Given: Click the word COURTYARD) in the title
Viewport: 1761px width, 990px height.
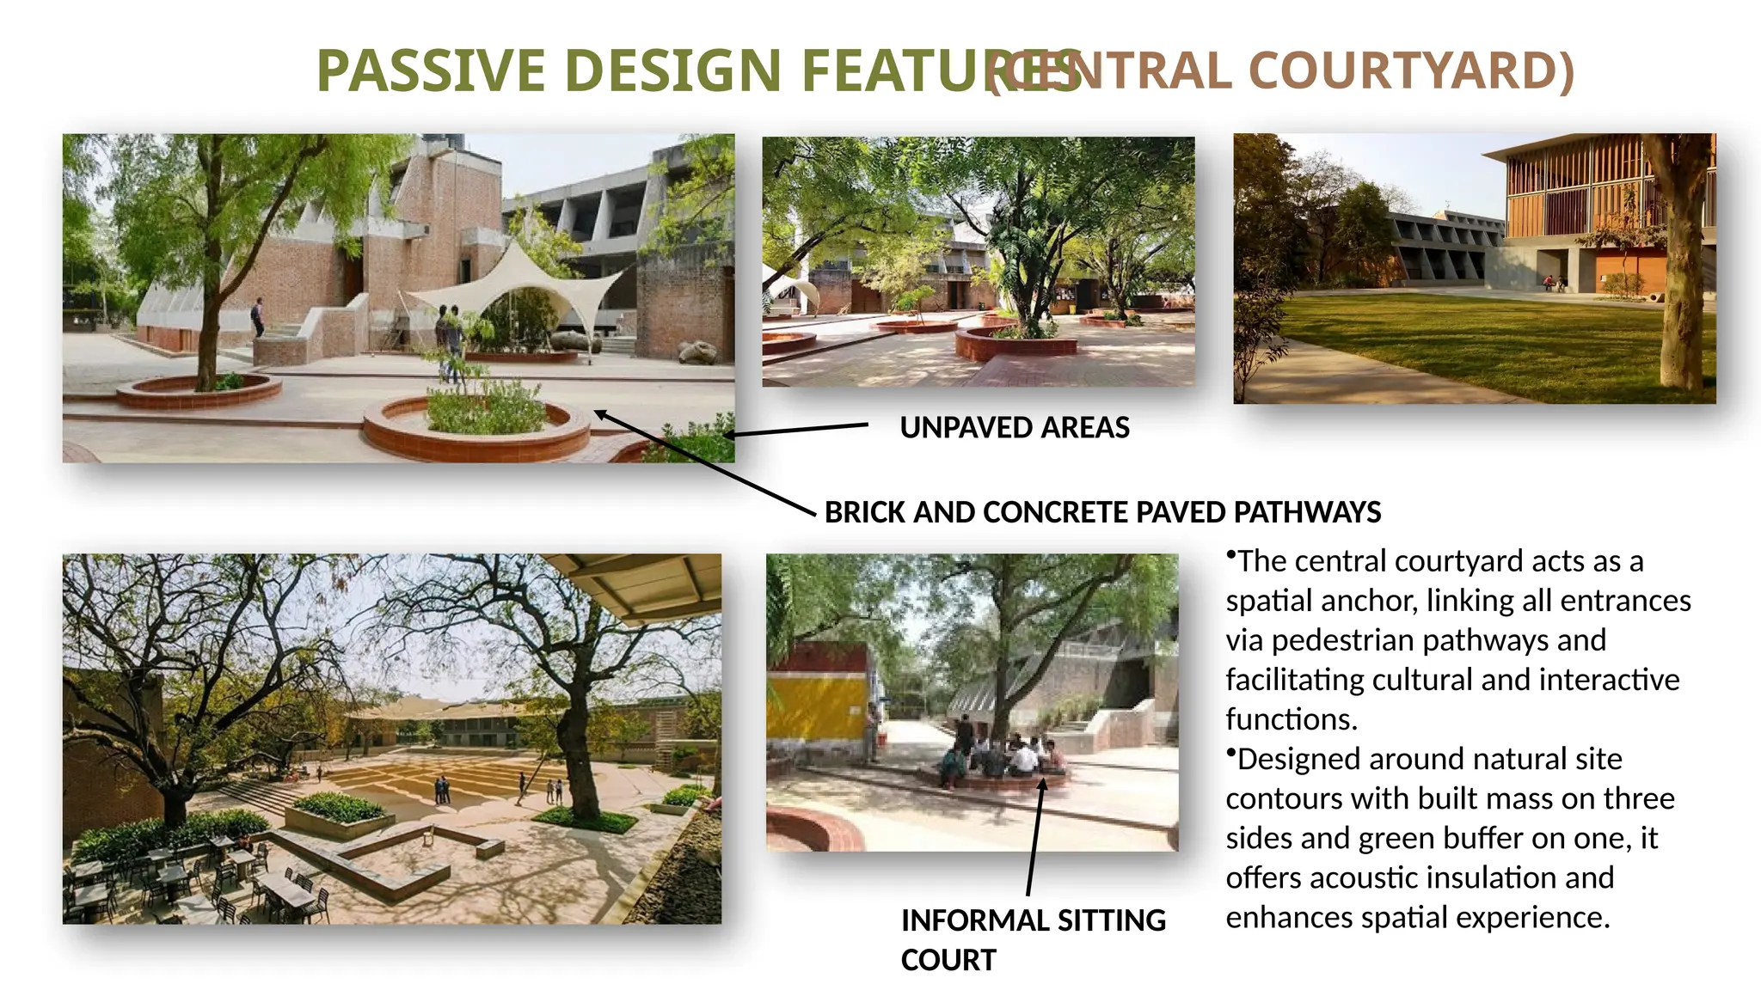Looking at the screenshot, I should click(1411, 70).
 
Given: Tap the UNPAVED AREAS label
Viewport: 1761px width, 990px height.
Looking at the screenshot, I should click(1015, 428).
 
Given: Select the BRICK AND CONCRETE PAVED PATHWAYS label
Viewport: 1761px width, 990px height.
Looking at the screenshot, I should click(1102, 512).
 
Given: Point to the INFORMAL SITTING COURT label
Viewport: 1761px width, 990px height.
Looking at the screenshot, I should click(1033, 938).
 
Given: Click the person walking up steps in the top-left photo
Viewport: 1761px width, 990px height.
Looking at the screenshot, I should click(257, 316).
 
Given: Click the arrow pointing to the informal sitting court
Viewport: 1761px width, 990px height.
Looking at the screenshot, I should click(1034, 838).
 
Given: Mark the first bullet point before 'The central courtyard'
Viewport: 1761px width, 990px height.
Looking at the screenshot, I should click(1230, 556).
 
